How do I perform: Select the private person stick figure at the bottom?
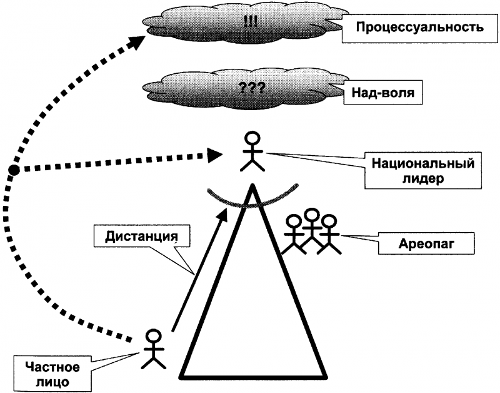(x=154, y=349)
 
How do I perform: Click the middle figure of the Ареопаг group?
(x=311, y=230)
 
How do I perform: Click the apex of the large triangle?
(x=252, y=185)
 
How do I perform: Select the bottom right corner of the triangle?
(x=326, y=378)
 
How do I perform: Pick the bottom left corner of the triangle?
(x=181, y=378)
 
